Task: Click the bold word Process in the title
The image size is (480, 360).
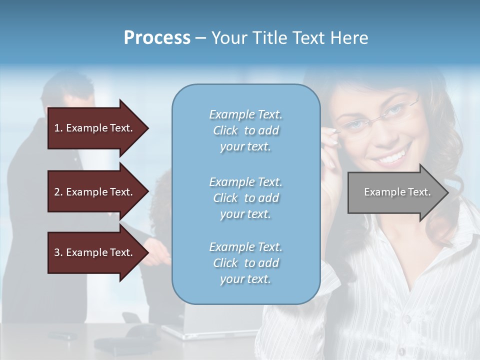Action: coord(157,38)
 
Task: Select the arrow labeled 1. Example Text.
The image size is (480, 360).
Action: coord(94,128)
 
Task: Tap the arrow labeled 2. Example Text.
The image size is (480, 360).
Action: coord(94,192)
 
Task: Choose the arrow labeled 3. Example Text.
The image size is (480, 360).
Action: coord(94,252)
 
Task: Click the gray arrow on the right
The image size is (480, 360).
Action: coord(395,192)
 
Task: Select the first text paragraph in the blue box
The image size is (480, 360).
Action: coord(245,130)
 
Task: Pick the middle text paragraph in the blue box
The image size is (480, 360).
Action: coord(245,198)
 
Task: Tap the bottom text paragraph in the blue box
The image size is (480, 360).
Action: coord(245,263)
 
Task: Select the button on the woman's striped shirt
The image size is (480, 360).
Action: coord(407,318)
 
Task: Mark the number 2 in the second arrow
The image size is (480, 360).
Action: coord(57,192)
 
